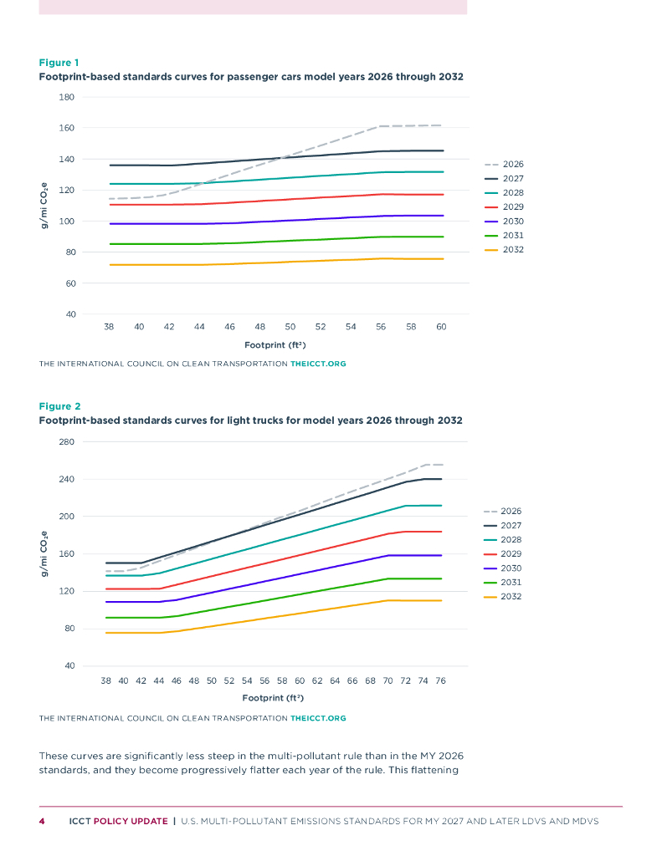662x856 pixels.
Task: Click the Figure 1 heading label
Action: click(59, 63)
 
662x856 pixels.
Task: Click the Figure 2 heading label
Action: click(59, 406)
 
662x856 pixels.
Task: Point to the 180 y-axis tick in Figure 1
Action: click(66, 97)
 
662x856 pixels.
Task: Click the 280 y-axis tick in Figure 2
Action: click(66, 441)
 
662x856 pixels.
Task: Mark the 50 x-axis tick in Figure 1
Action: click(290, 327)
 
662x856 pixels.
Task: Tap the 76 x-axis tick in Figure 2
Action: click(440, 680)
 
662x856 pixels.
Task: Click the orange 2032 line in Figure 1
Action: click(251, 262)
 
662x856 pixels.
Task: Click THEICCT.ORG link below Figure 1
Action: click(318, 364)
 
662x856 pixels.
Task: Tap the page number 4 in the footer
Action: click(42, 821)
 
